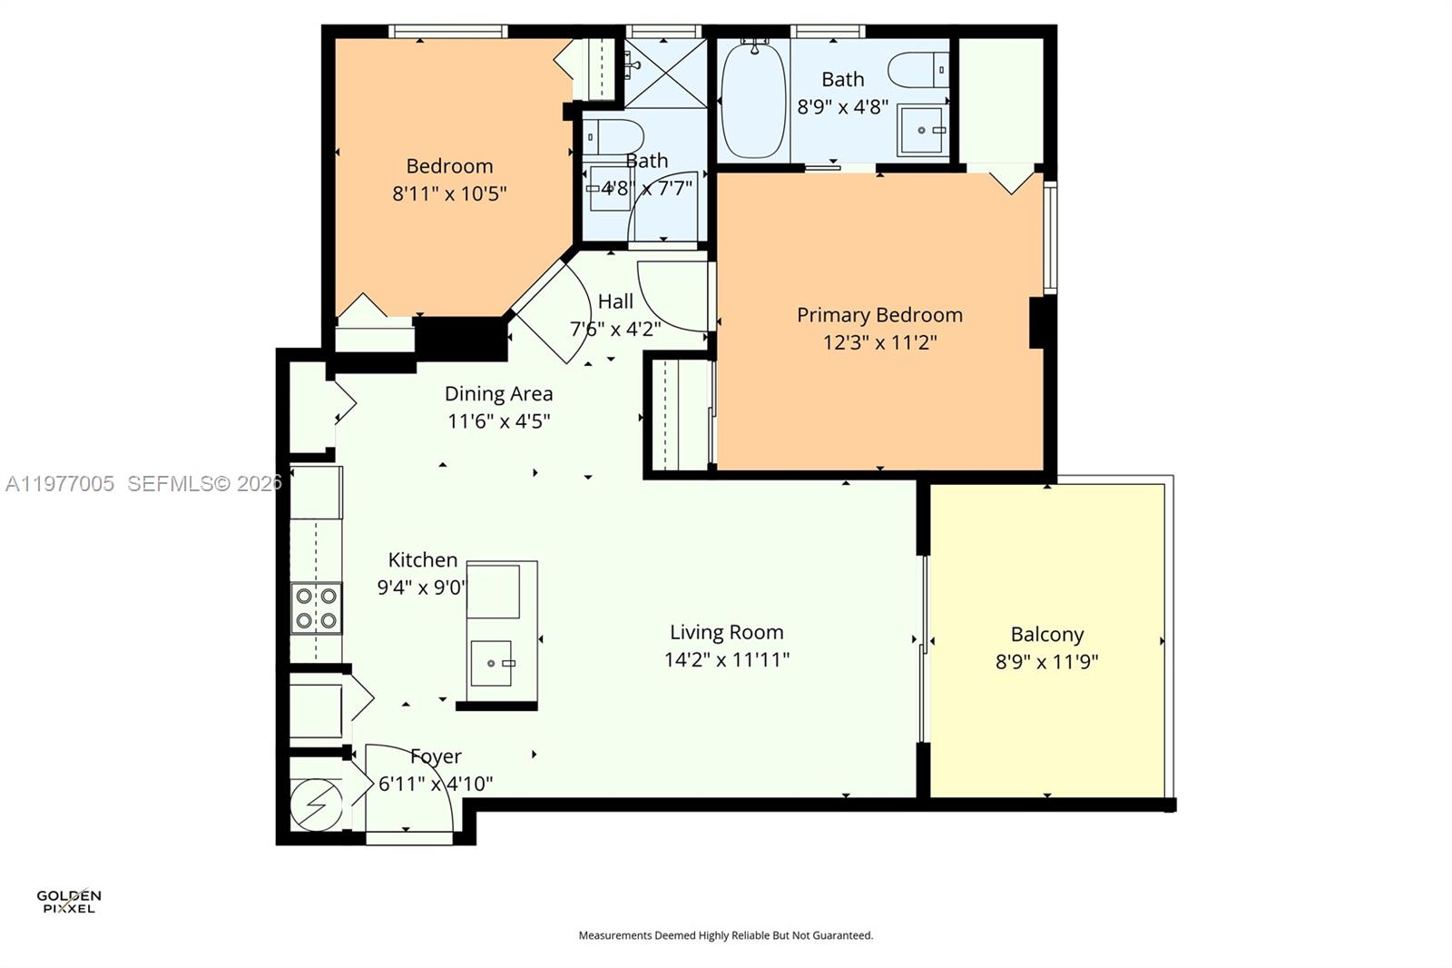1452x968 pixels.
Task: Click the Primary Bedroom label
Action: click(x=879, y=315)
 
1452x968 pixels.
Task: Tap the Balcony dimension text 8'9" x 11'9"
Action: click(x=1046, y=662)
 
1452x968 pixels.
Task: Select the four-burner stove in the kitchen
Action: click(x=317, y=608)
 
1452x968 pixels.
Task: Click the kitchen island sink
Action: click(x=492, y=663)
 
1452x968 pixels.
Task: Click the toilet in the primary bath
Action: click(x=917, y=70)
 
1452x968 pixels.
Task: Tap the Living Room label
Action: click(x=726, y=632)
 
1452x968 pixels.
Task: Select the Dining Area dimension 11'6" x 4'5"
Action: click(x=498, y=421)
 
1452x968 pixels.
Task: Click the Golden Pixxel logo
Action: click(x=69, y=901)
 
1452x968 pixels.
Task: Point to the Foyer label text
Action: click(x=436, y=756)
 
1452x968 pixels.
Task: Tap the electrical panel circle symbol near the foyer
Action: click(x=316, y=805)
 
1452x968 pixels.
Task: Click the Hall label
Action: click(x=615, y=301)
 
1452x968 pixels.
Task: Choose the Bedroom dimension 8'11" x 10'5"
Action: click(x=449, y=193)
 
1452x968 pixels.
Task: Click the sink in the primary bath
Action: click(x=921, y=131)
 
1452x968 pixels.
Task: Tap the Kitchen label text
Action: click(x=423, y=560)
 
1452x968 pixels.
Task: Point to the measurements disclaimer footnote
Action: click(x=725, y=935)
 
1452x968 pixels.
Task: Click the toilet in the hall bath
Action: click(x=613, y=137)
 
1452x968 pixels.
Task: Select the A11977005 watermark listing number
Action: click(x=60, y=484)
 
